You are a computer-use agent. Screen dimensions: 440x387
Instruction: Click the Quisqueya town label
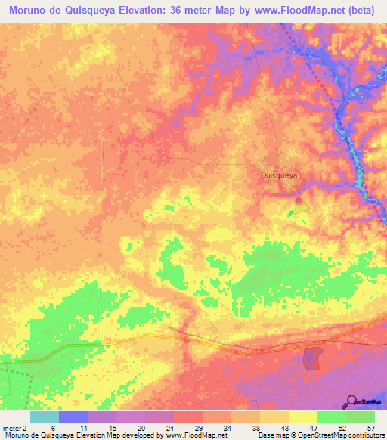pos(280,175)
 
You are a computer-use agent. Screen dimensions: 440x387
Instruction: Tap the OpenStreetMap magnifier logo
pos(353,401)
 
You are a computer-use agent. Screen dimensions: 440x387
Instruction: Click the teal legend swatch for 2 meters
pos(45,417)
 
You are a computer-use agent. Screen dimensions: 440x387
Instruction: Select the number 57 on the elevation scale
pos(370,427)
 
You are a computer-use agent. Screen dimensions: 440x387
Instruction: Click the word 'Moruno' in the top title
pos(31,10)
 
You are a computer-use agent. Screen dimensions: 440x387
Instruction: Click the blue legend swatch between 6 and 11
pos(73,417)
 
